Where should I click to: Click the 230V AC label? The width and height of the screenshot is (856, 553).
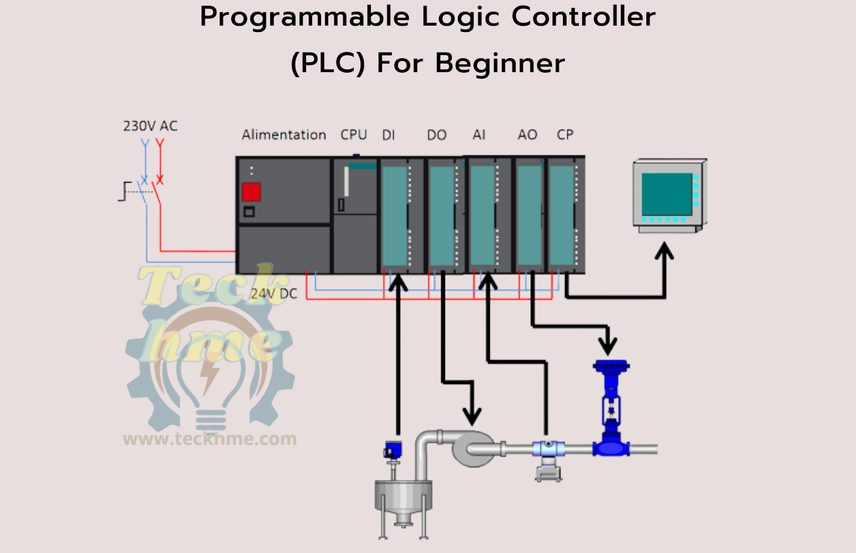click(x=150, y=126)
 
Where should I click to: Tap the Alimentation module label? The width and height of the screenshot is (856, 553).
click(x=284, y=135)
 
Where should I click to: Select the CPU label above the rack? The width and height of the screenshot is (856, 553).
click(x=354, y=135)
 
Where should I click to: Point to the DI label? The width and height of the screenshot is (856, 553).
click(x=388, y=135)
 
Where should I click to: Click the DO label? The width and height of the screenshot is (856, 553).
click(x=437, y=135)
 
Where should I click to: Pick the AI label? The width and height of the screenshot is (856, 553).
click(x=479, y=135)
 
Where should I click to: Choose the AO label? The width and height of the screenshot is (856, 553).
click(x=527, y=135)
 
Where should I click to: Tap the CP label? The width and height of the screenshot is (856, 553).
click(x=565, y=135)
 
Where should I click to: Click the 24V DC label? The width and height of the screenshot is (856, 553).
click(x=274, y=293)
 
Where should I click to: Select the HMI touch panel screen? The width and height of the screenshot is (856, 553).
click(x=667, y=194)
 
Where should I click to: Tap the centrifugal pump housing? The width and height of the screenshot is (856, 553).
click(x=473, y=449)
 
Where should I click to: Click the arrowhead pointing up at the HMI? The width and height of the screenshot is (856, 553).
click(x=664, y=251)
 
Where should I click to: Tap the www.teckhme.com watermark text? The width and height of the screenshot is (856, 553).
click(x=210, y=439)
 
